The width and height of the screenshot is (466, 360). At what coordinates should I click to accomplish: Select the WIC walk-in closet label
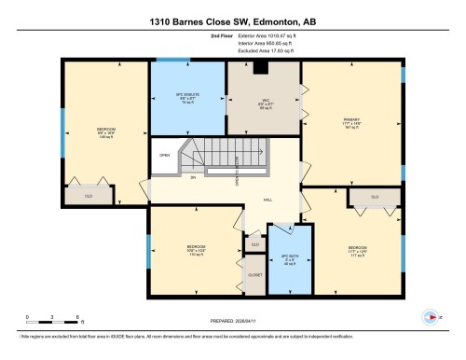pos(265,104)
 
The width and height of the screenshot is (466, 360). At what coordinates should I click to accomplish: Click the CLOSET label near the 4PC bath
pos(254,275)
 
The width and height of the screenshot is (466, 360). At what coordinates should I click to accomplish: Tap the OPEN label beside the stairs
pos(165,155)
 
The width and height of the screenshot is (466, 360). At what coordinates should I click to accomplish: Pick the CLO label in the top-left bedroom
pos(88,196)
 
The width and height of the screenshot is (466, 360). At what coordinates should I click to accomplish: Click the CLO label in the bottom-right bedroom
pos(374,197)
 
